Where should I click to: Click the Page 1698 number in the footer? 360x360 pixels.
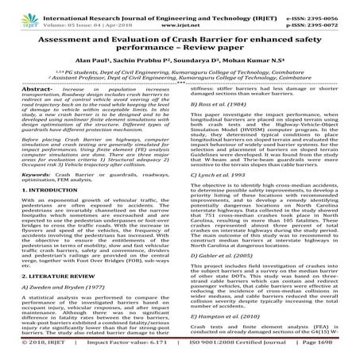tap(330, 353)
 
